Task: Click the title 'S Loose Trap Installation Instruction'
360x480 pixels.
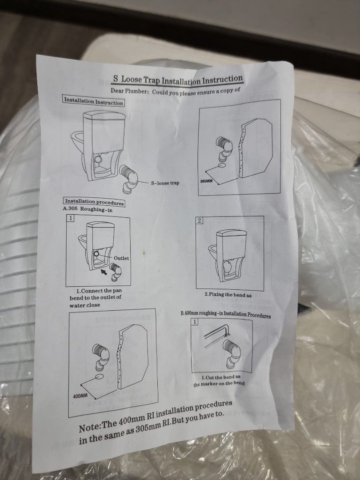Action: click(177, 80)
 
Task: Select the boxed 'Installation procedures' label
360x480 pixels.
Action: click(94, 202)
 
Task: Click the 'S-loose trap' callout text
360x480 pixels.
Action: click(165, 182)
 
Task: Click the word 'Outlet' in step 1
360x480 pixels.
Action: click(121, 258)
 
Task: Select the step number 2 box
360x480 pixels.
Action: click(200, 221)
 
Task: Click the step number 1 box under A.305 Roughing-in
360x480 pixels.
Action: click(70, 218)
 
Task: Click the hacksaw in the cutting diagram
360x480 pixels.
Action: click(213, 332)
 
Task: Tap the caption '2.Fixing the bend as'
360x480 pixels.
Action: click(228, 295)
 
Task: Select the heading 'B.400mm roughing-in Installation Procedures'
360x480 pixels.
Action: click(225, 315)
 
